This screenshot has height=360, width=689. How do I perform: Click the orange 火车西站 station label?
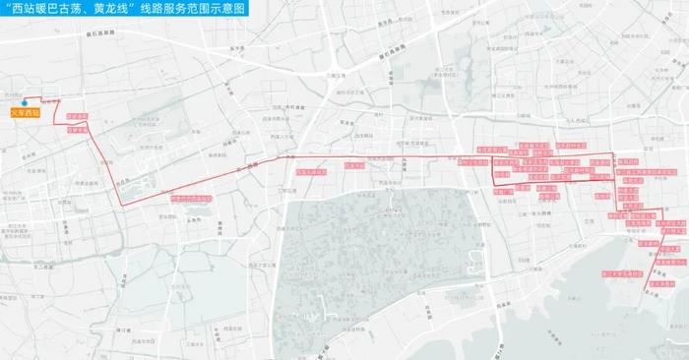point(26,113)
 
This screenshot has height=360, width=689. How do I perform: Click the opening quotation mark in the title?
point(7,10)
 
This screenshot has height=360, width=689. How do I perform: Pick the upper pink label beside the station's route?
point(77,117)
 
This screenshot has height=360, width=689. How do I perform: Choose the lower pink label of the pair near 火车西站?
point(77,127)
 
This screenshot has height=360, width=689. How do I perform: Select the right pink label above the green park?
point(355,167)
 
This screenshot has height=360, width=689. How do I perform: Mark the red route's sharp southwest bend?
point(121,204)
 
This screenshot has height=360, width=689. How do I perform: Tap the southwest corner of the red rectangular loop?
point(495,184)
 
